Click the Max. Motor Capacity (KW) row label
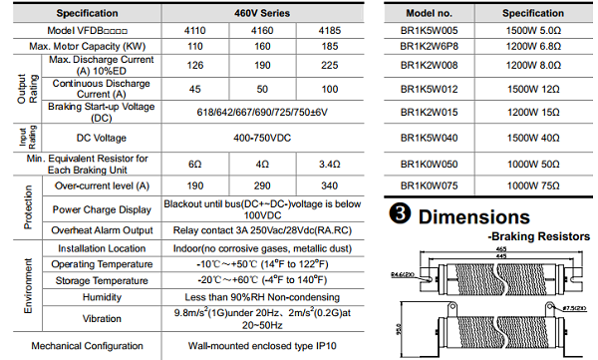(x=88, y=47)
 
